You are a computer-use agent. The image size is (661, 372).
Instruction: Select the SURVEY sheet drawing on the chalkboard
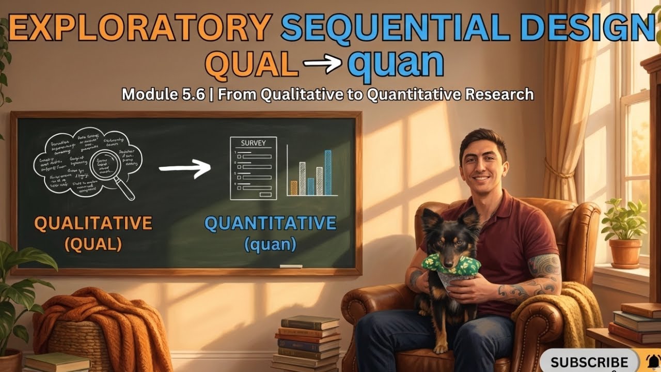pos(253,168)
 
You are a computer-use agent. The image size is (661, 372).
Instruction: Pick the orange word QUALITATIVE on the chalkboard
pos(93,223)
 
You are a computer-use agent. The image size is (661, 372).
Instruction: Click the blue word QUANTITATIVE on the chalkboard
pos(270,223)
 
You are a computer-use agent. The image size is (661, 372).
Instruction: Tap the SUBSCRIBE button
pos(589,362)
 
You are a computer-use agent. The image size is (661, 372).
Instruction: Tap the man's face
pos(483,163)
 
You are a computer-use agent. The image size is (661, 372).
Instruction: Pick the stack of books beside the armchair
pos(307,341)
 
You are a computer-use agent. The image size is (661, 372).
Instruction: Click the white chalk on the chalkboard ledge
pos(291,266)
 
